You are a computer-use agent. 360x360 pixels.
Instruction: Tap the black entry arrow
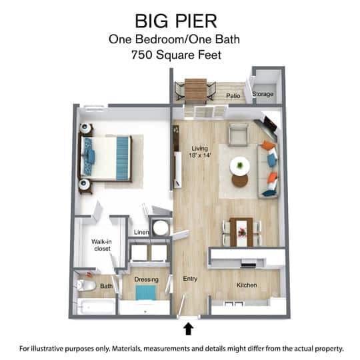[188, 328]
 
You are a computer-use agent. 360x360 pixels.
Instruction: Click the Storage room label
[263, 95]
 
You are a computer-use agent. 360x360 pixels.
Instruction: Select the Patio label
[233, 96]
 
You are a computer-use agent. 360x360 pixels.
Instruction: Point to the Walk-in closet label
[101, 245]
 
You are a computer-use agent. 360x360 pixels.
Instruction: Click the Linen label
[141, 232]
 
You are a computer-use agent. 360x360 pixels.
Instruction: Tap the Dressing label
[146, 279]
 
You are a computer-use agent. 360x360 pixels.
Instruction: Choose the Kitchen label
[247, 285]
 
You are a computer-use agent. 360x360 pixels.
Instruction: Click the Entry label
[190, 279]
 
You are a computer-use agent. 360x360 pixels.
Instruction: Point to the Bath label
[107, 287]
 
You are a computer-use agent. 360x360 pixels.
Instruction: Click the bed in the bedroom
[107, 157]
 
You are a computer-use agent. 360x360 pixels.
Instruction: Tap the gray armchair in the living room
[238, 135]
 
